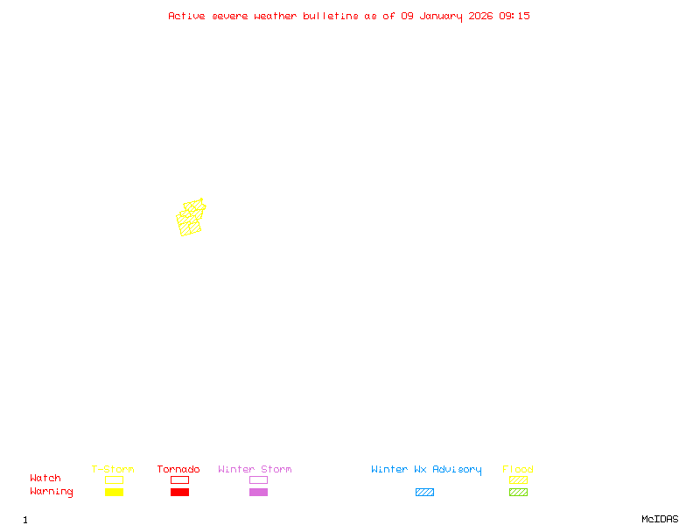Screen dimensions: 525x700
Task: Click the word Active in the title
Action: tap(187, 16)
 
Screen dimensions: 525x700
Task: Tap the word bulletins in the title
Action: tap(331, 16)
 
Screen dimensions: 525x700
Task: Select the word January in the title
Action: tap(440, 16)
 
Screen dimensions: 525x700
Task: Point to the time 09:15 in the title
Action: tap(514, 16)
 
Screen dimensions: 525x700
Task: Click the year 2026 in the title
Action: tap(480, 16)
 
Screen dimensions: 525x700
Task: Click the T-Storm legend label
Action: tap(113, 470)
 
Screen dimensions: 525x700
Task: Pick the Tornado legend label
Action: tap(178, 470)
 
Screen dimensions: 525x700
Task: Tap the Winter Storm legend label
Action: tap(255, 470)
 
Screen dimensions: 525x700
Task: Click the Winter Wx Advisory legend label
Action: tap(426, 470)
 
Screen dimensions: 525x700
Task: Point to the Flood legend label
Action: tap(518, 470)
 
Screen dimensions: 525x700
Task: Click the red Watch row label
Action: tap(45, 479)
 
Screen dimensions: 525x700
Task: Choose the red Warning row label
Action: tap(52, 492)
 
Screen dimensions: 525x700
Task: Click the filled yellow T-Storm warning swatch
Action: tap(114, 493)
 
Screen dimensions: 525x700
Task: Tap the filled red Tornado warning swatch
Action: tap(179, 493)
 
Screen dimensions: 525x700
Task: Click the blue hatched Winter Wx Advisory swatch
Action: tap(424, 493)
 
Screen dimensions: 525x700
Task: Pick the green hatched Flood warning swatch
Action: tap(518, 493)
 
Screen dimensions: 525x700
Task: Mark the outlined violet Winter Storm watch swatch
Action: tap(258, 480)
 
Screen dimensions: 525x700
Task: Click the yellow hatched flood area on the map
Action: tap(190, 219)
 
